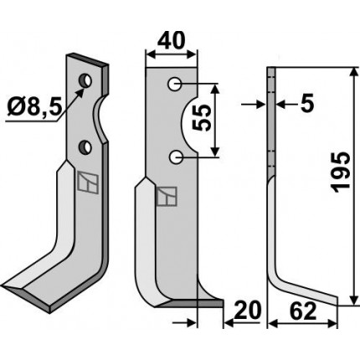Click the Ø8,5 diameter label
pyautogui.click(x=34, y=107)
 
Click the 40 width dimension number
pyautogui.click(x=171, y=41)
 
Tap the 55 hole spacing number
pyautogui.click(x=202, y=118)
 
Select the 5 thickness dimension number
pyautogui.click(x=306, y=104)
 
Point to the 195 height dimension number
pyautogui.click(x=340, y=172)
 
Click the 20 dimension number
pyautogui.click(x=248, y=311)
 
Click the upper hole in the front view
pyautogui.click(x=174, y=84)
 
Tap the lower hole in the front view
pyautogui.click(x=175, y=157)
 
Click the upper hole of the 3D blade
pyautogui.click(x=85, y=80)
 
